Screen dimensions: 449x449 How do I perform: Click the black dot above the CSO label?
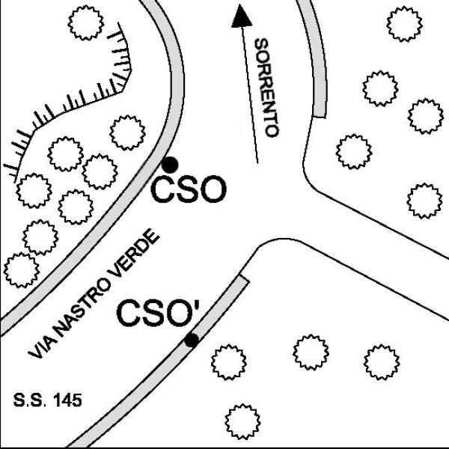click(x=170, y=165)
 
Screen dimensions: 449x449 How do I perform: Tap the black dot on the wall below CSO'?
click(x=192, y=340)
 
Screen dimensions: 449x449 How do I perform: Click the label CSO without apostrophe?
click(x=189, y=189)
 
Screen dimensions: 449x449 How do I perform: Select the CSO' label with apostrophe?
click(x=159, y=313)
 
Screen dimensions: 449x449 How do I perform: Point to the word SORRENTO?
click(x=266, y=88)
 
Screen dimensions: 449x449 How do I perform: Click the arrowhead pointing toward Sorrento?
click(x=242, y=16)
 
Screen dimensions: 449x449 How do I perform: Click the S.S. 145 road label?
click(x=48, y=400)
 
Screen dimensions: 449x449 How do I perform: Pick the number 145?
click(x=67, y=400)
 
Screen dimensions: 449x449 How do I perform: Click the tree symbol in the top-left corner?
click(x=85, y=22)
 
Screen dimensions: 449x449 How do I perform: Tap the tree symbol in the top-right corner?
click(x=404, y=24)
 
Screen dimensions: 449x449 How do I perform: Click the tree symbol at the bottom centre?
click(x=242, y=422)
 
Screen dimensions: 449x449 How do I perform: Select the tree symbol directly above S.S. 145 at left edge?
click(x=22, y=270)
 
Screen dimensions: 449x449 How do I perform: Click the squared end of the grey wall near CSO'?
click(x=244, y=278)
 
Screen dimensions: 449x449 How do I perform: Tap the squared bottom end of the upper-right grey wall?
click(x=320, y=117)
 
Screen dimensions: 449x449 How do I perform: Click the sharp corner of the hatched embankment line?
click(x=131, y=69)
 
